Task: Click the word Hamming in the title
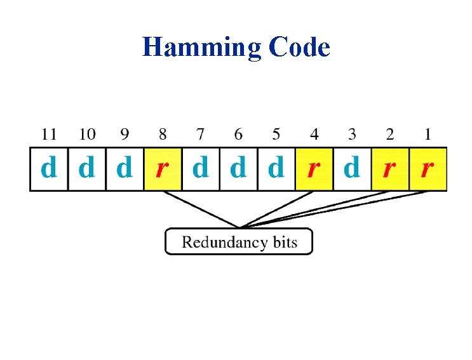pos(201,48)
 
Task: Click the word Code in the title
pos(299,47)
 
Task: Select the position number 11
pos(49,134)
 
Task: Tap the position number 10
pos(87,134)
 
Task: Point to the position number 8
pos(163,134)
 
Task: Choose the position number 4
pos(314,134)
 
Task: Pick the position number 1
pos(428,134)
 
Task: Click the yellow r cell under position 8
pos(163,169)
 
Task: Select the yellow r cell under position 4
pos(314,169)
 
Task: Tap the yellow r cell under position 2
pos(389,169)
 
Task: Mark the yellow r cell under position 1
pos(428,169)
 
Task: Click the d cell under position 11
pos(49,169)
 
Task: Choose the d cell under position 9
pos(125,169)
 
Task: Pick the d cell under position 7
pos(201,169)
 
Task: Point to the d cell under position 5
pos(276,169)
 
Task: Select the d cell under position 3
pos(352,169)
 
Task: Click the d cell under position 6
pos(238,169)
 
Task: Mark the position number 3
pos(352,134)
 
